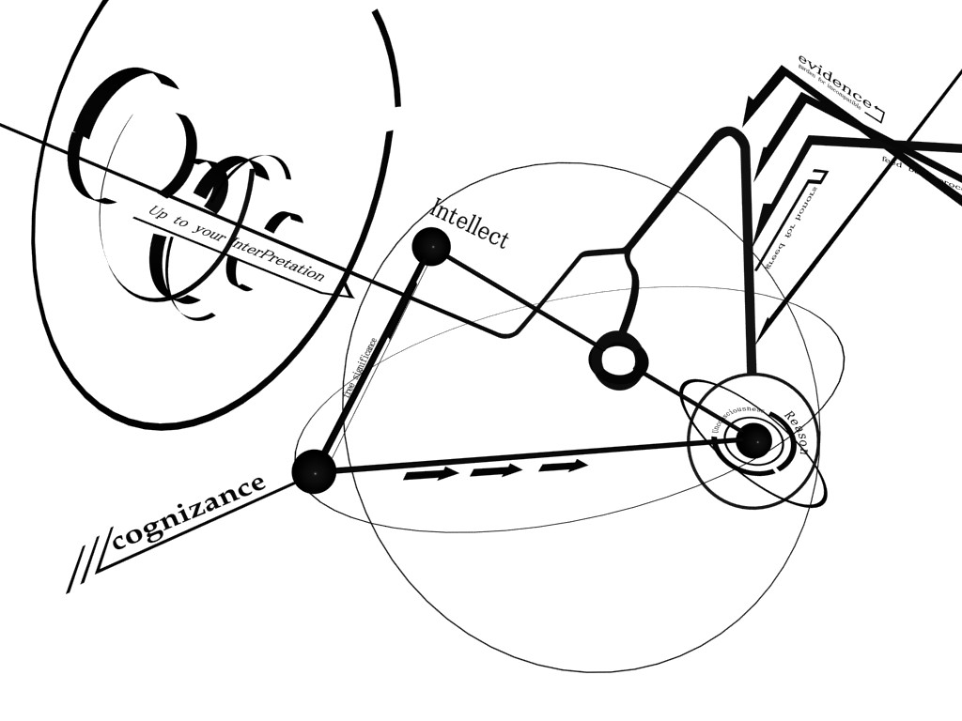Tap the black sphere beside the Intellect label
tap(431, 247)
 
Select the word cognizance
tap(188, 513)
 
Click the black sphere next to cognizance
tap(314, 471)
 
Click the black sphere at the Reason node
tap(753, 440)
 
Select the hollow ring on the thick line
tap(618, 360)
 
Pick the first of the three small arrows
tap(430, 475)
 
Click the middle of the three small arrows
tap(496, 470)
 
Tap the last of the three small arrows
tap(563, 466)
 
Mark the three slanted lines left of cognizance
tap(83, 568)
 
